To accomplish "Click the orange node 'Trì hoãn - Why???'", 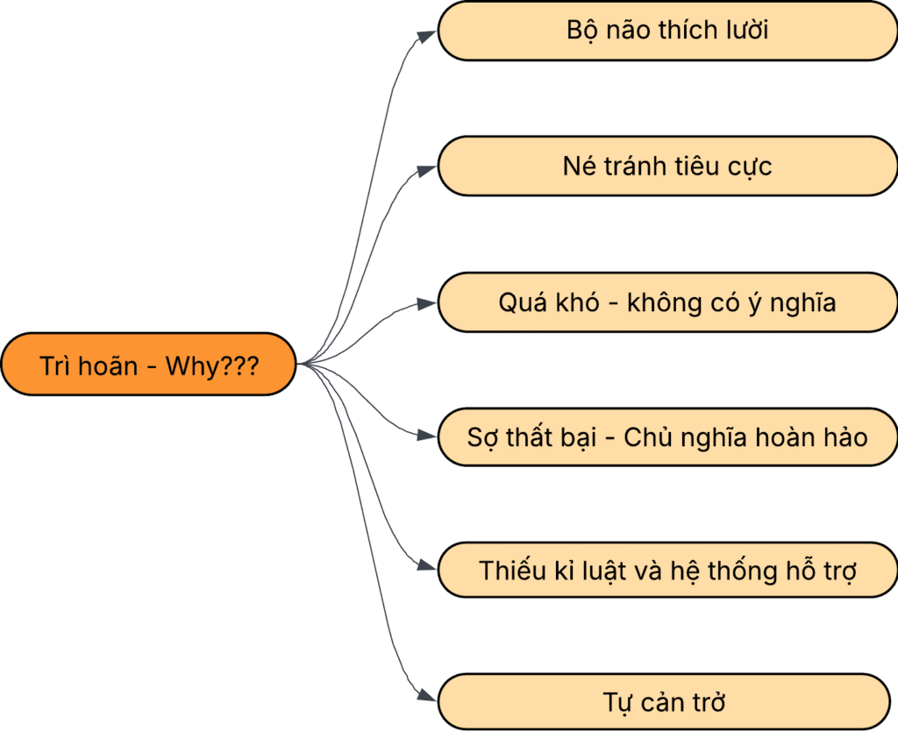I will click(x=149, y=365).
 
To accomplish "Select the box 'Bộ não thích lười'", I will click(x=667, y=32).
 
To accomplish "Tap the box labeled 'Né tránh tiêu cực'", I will click(x=667, y=167).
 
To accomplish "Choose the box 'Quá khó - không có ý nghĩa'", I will click(x=667, y=302).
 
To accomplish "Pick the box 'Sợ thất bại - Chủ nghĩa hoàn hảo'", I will click(x=667, y=436).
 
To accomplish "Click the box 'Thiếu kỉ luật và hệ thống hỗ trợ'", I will click(x=667, y=571).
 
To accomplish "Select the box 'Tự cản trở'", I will click(x=667, y=702).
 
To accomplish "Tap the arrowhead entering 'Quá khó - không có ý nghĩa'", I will click(x=427, y=303).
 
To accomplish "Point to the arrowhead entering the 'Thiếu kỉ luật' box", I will click(x=427, y=566).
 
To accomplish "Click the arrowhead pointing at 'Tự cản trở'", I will click(x=427, y=697).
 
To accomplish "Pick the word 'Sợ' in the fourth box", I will click(x=481, y=436).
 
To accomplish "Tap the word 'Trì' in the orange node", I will click(x=55, y=365).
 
